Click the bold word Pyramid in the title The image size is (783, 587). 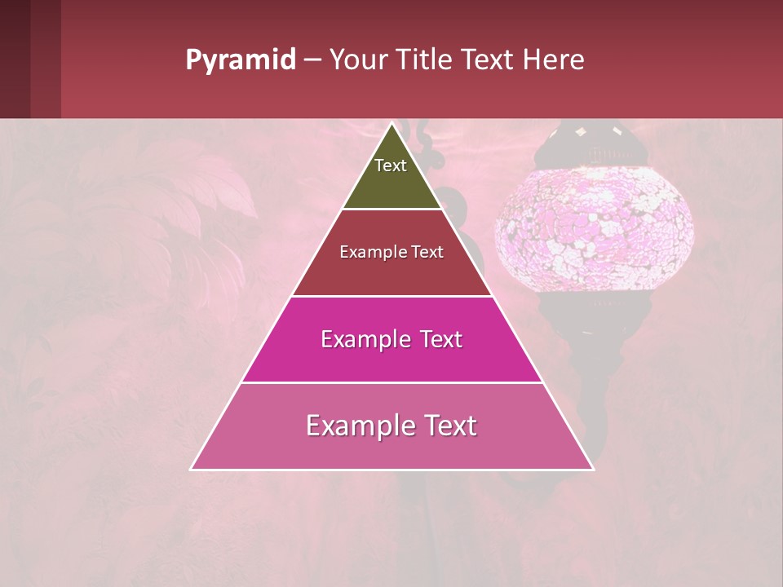pyautogui.click(x=240, y=60)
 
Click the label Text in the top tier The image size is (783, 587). pyautogui.click(x=391, y=166)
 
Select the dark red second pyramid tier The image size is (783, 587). pyautogui.click(x=391, y=273)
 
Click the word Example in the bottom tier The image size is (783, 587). pyautogui.click(x=357, y=426)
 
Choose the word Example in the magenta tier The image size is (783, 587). pyautogui.click(x=363, y=339)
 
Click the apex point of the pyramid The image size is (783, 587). pyautogui.click(x=392, y=125)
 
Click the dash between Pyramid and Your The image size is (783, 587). pyautogui.click(x=312, y=60)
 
